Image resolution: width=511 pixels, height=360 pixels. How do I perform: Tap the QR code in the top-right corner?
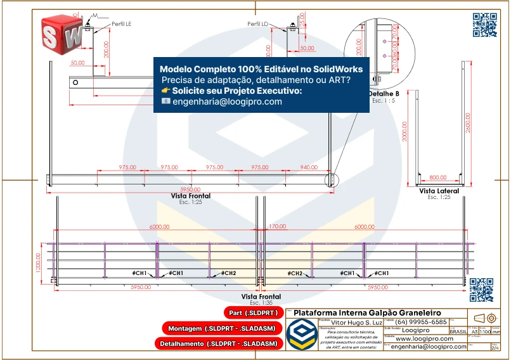(x=484, y=25)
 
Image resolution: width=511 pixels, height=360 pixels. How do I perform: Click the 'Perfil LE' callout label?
(x=120, y=23)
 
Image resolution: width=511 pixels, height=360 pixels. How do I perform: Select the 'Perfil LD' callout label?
(x=258, y=23)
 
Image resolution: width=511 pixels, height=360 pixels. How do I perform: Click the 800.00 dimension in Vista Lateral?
(x=437, y=178)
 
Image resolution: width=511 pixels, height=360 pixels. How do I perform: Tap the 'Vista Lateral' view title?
(x=439, y=191)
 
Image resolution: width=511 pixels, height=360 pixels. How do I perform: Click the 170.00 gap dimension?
(x=277, y=226)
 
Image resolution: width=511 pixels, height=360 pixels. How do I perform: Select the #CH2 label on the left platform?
(x=229, y=273)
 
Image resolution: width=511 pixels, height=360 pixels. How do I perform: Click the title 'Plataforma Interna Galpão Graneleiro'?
(x=367, y=313)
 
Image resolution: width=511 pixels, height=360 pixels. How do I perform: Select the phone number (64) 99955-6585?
(x=422, y=322)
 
